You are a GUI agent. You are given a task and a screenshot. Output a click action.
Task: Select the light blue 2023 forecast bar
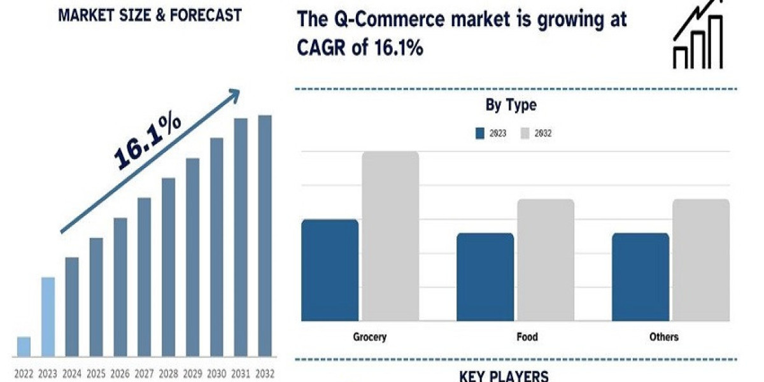48,316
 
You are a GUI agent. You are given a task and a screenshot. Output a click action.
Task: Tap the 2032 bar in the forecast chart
264,236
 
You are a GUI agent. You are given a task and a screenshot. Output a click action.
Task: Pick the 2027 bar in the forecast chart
145,276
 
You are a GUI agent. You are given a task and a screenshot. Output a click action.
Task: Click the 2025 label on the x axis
96,373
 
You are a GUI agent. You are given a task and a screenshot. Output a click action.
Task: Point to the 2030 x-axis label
216,373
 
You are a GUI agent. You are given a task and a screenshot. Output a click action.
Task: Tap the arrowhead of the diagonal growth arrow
234,95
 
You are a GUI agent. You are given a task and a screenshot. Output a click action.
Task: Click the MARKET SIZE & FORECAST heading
150,15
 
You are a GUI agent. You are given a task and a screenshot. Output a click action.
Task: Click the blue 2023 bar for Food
485,276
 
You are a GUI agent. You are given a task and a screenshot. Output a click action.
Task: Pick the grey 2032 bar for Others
701,259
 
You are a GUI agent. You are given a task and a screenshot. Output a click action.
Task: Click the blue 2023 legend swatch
481,133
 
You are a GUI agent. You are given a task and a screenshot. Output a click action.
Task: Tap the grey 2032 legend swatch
525,133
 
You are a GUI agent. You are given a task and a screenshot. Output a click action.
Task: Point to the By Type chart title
511,106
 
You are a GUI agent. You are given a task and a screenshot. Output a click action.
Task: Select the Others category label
665,337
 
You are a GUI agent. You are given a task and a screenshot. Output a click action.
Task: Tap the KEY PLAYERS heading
504,375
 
